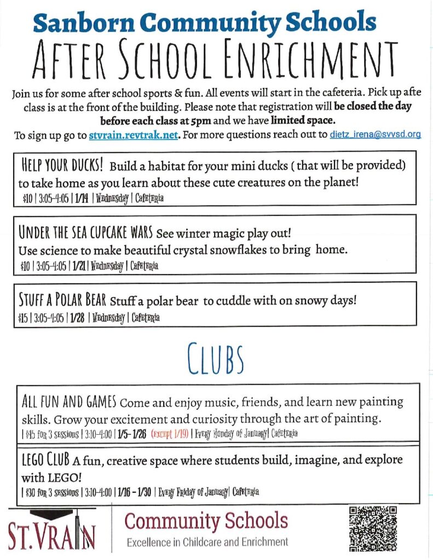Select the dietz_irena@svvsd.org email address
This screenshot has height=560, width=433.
[375, 135]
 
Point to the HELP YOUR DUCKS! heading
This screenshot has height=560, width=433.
[60, 166]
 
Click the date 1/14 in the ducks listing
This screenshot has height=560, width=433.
[79, 199]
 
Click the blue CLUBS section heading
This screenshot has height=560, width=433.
[216, 357]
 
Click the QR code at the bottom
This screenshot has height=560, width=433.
[372, 528]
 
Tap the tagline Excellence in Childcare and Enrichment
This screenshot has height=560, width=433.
[207, 542]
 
